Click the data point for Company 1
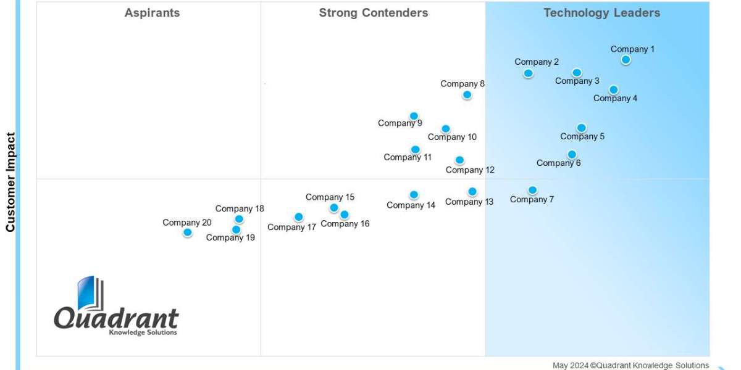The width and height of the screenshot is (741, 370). click(x=626, y=60)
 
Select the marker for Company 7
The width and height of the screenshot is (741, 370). click(x=532, y=190)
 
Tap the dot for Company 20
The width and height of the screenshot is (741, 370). click(x=187, y=232)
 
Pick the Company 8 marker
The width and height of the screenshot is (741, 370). click(x=467, y=95)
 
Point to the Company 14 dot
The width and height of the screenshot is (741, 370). click(x=414, y=195)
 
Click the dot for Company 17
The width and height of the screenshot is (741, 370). click(x=298, y=217)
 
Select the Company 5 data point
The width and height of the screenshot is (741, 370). click(x=581, y=128)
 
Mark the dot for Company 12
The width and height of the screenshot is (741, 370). click(x=459, y=160)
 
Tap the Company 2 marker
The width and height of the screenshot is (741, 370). click(x=528, y=73)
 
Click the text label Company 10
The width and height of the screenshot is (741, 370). click(x=452, y=138)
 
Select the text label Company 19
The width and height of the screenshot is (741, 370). click(x=230, y=237)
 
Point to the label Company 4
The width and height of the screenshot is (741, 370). click(x=615, y=99)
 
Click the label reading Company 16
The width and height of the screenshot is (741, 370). click(x=345, y=224)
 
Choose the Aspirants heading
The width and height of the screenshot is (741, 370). click(x=152, y=13)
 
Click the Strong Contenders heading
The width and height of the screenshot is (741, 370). click(x=373, y=13)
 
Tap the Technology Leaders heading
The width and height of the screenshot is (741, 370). click(x=601, y=13)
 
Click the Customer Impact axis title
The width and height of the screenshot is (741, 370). click(x=10, y=182)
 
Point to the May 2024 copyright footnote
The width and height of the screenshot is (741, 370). click(x=630, y=366)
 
